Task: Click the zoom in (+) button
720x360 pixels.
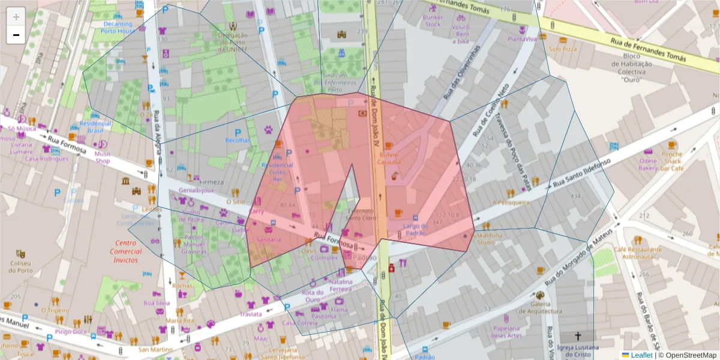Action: pyautogui.click(x=16, y=17)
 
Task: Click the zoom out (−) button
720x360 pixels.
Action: pyautogui.click(x=16, y=35)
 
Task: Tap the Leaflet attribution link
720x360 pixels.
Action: pyautogui.click(x=637, y=355)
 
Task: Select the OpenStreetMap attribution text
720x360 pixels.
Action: pyautogui.click(x=689, y=355)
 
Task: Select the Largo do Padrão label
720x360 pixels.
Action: pyautogui.click(x=416, y=230)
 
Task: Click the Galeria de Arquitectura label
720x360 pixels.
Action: pyautogui.click(x=538, y=307)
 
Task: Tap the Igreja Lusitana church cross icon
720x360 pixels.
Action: pyautogui.click(x=578, y=337)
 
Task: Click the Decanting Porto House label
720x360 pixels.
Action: pyautogui.click(x=116, y=27)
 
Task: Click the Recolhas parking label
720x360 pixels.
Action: pyautogui.click(x=238, y=140)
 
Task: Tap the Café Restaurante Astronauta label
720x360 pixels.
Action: pyautogui.click(x=637, y=253)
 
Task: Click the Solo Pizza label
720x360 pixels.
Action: pyautogui.click(x=562, y=49)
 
